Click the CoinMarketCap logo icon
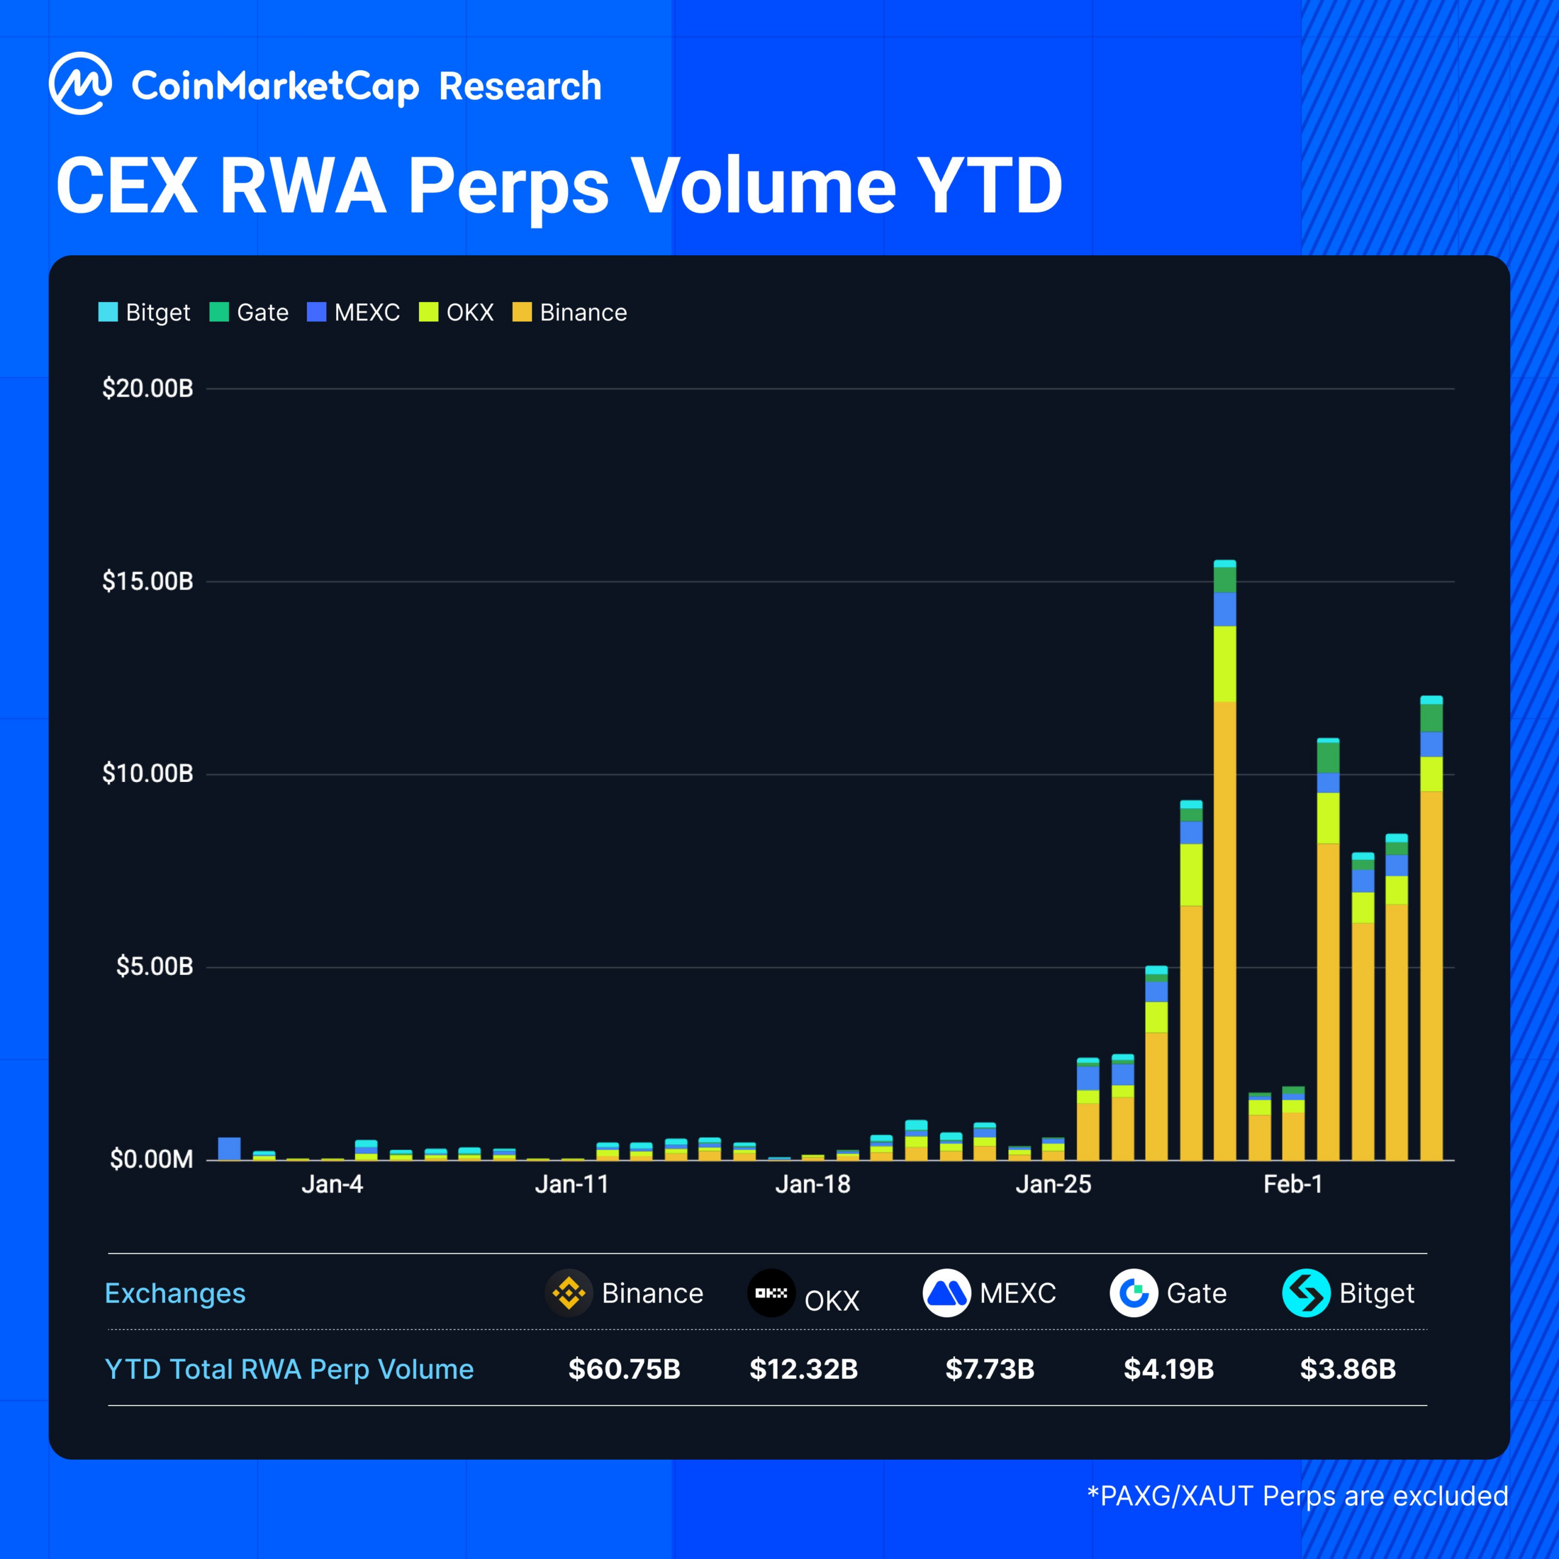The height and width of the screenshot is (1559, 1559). pos(80,84)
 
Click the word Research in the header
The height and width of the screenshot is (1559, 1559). pos(519,86)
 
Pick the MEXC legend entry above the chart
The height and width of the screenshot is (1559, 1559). pos(353,312)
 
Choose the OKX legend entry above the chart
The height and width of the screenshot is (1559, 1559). pos(457,312)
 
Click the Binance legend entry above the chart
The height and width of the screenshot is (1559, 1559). pos(569,312)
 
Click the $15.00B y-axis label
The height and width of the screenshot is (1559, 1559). pos(147,581)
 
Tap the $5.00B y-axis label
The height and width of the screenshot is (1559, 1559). pos(154,966)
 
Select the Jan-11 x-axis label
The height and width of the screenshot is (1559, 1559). pos(571,1184)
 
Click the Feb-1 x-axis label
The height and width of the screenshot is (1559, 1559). pos(1293,1184)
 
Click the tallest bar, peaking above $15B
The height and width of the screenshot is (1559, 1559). pos(1224,888)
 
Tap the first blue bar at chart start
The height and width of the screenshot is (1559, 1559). pos(229,1149)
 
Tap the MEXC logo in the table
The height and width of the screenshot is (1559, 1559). pos(946,1293)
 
